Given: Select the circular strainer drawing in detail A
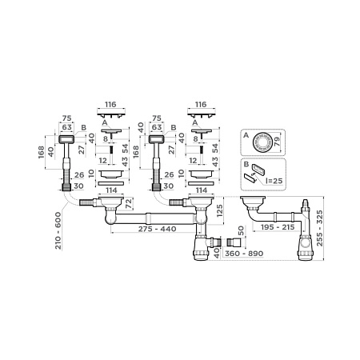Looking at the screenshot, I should point(261,144).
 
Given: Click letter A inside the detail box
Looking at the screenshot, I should point(245,137).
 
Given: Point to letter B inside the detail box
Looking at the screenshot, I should point(245,166).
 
